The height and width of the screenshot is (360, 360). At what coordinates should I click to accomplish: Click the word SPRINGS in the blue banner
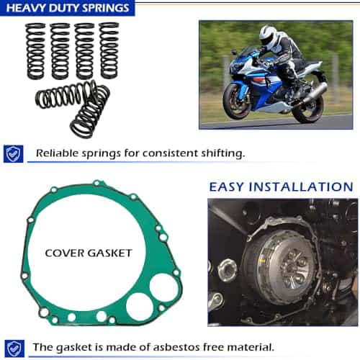tap(105, 8)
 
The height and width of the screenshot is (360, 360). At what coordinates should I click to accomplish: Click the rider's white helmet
tap(268, 36)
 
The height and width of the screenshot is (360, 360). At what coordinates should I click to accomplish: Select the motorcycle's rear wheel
tap(307, 109)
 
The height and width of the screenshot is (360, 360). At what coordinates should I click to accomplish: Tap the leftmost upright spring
tap(35, 51)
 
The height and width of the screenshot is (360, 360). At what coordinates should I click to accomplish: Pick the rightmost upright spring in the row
tap(109, 50)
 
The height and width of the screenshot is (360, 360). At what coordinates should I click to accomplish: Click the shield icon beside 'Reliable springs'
tap(14, 154)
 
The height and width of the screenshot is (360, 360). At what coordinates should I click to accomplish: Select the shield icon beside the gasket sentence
tap(14, 348)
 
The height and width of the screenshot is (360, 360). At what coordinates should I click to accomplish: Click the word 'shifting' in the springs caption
tap(223, 153)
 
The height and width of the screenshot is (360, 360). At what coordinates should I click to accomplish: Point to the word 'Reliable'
tap(57, 153)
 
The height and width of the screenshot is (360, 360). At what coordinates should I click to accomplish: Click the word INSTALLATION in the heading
tap(301, 187)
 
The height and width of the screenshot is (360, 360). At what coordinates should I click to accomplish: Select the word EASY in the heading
tap(226, 187)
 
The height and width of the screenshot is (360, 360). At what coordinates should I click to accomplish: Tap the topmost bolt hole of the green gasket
tap(96, 183)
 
